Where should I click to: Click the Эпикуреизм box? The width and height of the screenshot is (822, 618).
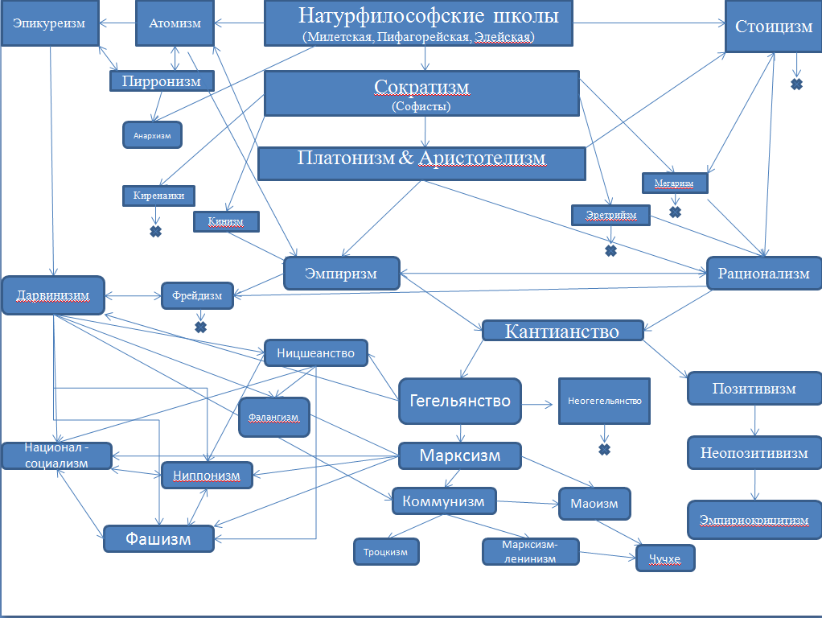click(x=50, y=23)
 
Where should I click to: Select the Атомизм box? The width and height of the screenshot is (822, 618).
click(x=175, y=23)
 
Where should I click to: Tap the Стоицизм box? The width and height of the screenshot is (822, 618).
click(x=773, y=27)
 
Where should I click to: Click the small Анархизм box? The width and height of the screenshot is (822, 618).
click(x=153, y=135)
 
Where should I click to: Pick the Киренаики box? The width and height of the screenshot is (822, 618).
click(x=158, y=196)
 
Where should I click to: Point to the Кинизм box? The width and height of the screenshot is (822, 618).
click(x=226, y=221)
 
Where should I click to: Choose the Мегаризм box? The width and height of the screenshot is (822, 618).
click(x=675, y=183)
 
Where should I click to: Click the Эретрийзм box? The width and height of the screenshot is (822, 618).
click(x=610, y=215)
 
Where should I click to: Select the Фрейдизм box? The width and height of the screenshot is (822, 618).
click(x=197, y=296)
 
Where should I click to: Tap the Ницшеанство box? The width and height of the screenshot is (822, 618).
click(x=315, y=353)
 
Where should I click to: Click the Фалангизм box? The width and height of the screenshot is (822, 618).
click(x=274, y=417)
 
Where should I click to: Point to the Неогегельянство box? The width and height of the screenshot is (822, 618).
click(x=605, y=401)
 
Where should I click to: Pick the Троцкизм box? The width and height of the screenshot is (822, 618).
click(x=386, y=552)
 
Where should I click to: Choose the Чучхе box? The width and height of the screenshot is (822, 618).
click(x=665, y=558)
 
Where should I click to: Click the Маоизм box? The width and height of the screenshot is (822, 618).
click(x=594, y=504)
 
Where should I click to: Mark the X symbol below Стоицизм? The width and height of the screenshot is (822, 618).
click(x=797, y=84)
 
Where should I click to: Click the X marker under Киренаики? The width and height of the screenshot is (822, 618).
click(x=156, y=232)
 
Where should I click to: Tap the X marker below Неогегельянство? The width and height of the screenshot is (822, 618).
click(x=605, y=450)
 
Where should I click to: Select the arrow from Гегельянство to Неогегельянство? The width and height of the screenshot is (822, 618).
click(x=537, y=404)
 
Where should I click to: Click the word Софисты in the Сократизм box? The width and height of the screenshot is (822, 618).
click(x=421, y=106)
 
